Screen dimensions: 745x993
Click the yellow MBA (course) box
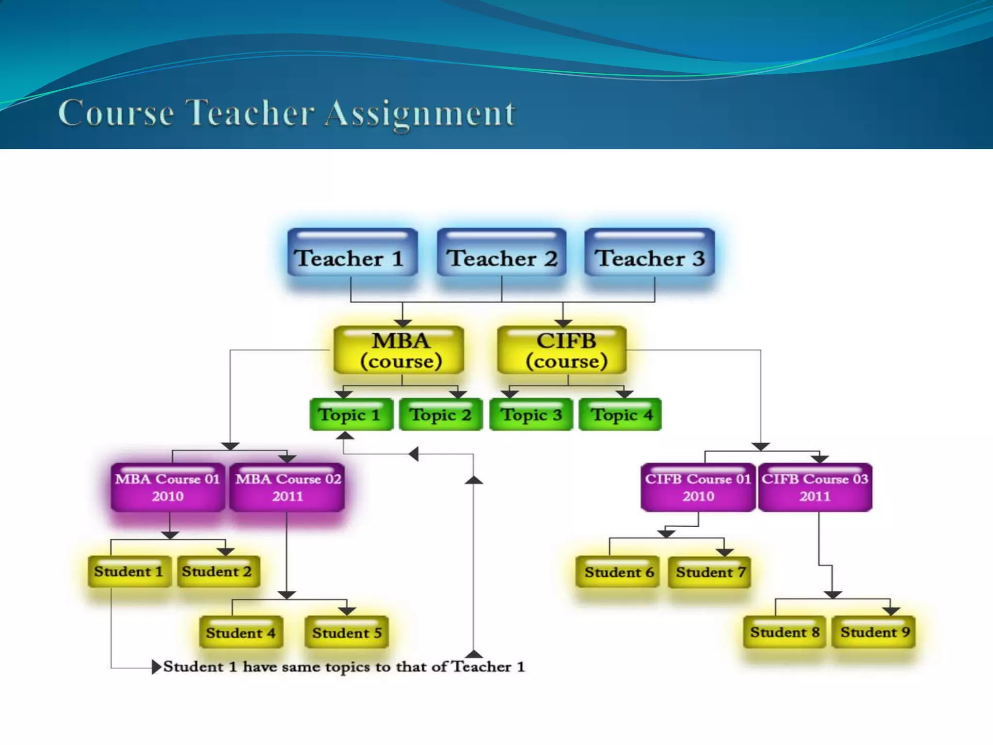click(399, 350)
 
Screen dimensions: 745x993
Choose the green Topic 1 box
click(351, 415)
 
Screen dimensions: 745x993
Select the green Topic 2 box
click(441, 415)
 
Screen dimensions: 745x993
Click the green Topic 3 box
click(531, 415)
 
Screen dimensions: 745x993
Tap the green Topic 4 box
click(620, 415)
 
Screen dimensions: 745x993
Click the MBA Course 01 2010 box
click(168, 487)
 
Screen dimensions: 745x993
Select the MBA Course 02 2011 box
click(287, 487)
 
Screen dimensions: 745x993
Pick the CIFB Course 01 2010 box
click(698, 487)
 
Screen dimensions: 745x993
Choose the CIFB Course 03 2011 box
click(815, 487)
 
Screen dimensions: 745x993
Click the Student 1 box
click(129, 572)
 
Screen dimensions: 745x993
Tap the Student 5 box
click(347, 632)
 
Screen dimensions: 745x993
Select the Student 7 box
click(709, 572)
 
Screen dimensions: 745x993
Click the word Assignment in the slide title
click(420, 113)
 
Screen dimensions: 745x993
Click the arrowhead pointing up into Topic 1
click(345, 436)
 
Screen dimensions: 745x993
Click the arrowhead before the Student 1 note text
click(156, 667)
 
